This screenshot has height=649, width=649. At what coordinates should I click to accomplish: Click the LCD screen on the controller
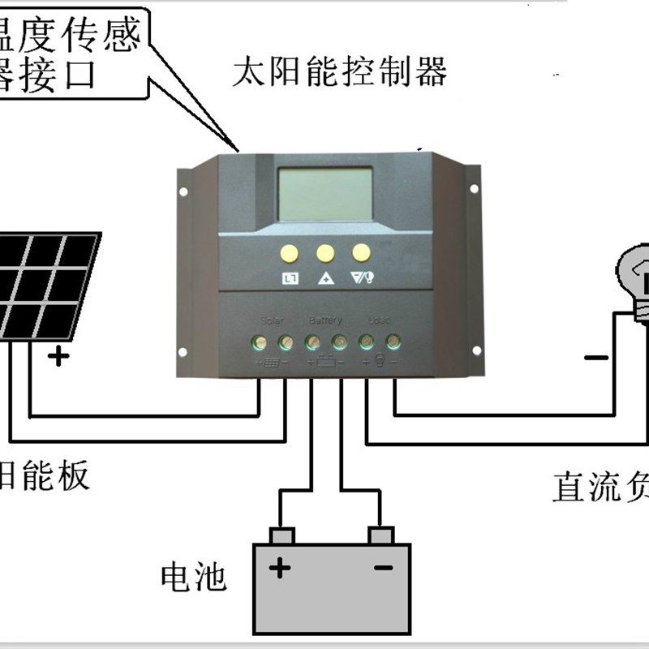click(x=324, y=194)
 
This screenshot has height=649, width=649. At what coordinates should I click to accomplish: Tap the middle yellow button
click(x=325, y=253)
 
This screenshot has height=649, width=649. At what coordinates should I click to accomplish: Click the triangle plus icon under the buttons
click(x=325, y=278)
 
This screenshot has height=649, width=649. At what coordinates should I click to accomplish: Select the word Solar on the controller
click(x=272, y=320)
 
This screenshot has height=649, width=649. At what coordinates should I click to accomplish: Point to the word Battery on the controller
click(x=325, y=320)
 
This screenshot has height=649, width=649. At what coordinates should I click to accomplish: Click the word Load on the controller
click(x=379, y=320)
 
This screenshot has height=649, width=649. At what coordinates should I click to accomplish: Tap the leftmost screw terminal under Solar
click(x=259, y=342)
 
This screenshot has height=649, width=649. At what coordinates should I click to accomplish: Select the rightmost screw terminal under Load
click(x=393, y=342)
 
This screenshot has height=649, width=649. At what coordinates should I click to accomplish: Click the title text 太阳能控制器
click(x=339, y=73)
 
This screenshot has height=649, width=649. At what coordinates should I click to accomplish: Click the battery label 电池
click(x=193, y=577)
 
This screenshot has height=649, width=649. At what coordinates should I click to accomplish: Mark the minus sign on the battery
click(x=383, y=568)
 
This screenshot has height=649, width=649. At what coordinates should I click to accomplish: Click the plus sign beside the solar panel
click(x=58, y=355)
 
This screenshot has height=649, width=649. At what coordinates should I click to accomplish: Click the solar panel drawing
click(x=49, y=284)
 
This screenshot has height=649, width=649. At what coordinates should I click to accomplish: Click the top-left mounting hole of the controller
click(x=183, y=192)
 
